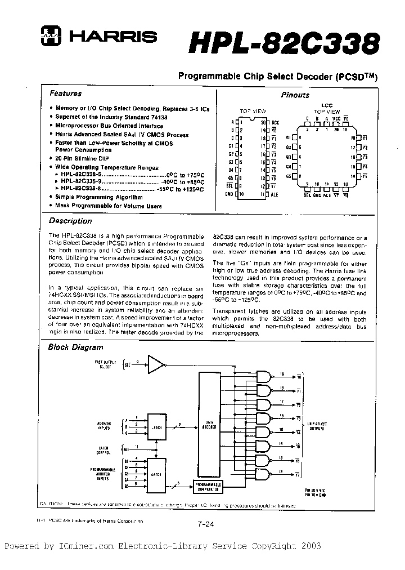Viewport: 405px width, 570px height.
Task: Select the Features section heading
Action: pos(65,93)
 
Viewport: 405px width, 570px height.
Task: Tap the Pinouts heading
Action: pos(295,95)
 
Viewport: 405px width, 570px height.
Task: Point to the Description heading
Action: pos(70,221)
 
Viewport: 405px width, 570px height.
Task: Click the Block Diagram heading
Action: pos(75,348)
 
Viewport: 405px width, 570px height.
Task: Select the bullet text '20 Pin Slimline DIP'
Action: pos(82,159)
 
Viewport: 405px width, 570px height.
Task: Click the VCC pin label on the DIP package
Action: pos(275,122)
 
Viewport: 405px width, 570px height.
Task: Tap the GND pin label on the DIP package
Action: pos(228,194)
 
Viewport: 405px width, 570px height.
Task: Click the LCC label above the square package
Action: pos(327,105)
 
